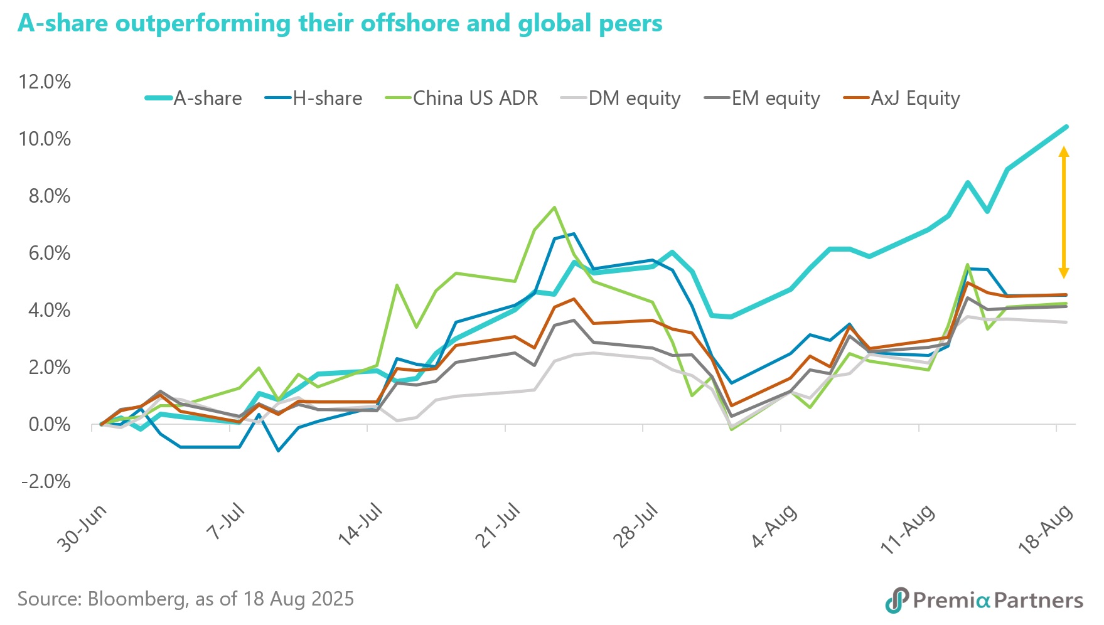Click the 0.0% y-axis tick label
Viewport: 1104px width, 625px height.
tap(50, 425)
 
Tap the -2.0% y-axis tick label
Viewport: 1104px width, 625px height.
tap(46, 482)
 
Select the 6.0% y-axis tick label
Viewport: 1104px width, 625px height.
tap(50, 253)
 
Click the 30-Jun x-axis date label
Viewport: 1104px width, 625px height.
tap(82, 528)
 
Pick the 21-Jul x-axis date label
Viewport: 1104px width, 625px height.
tap(497, 526)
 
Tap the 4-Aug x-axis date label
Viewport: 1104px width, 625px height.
tap(774, 526)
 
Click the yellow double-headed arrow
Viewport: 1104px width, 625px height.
tap(1064, 212)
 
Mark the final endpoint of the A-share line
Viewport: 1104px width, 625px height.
tap(1066, 127)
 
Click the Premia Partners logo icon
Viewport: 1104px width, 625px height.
tap(897, 600)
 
